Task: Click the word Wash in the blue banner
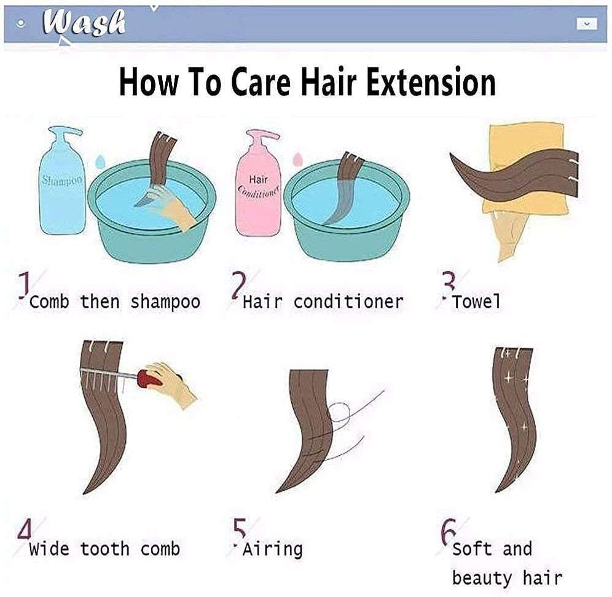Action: [85, 23]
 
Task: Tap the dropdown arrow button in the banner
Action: [587, 23]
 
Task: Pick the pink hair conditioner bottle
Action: [258, 184]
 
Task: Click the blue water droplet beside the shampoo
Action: [101, 161]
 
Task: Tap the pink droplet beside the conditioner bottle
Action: [298, 159]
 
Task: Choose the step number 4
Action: [25, 530]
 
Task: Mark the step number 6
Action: [449, 531]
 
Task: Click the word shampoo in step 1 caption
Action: [165, 302]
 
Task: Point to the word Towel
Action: [476, 301]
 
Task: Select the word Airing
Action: [272, 549]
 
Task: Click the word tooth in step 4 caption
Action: [104, 548]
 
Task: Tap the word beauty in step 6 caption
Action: [482, 577]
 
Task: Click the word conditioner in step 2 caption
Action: [348, 302]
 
